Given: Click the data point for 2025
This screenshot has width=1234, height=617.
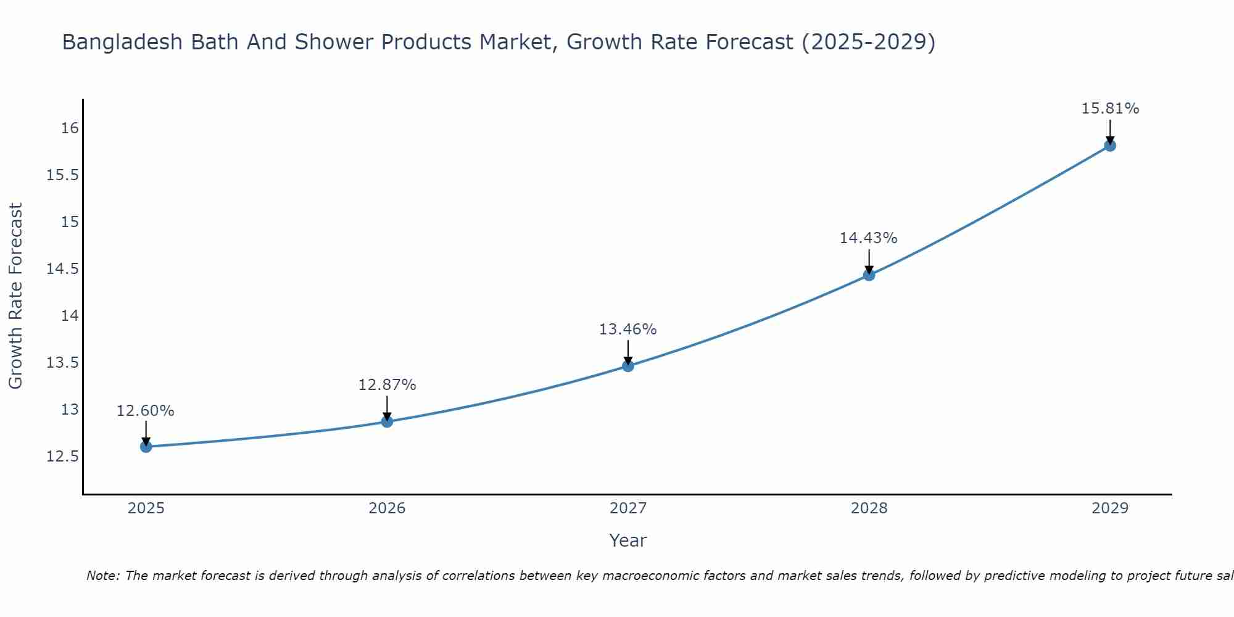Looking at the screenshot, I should tap(146, 447).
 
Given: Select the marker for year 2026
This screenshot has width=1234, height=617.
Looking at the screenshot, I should tap(387, 421).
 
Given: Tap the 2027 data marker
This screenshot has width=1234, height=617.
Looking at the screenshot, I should tap(628, 366).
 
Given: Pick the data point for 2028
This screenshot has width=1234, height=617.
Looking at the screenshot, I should tap(869, 275).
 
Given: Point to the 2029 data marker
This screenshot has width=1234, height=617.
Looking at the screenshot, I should tap(1110, 146).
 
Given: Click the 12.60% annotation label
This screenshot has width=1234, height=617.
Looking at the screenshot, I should tap(146, 411).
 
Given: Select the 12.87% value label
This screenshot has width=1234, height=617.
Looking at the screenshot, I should tap(387, 385).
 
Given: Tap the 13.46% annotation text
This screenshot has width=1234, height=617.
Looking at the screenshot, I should tap(628, 329).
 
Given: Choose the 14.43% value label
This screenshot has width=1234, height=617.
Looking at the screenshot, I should tap(868, 238).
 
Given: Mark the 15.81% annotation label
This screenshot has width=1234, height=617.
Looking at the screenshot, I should tap(1110, 109).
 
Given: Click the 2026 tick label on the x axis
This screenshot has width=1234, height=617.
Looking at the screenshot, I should tap(387, 508).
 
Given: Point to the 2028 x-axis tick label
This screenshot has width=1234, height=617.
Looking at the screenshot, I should tap(869, 508).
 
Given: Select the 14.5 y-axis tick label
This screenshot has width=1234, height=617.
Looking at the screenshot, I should tap(63, 269).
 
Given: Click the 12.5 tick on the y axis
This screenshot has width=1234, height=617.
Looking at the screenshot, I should tap(63, 457).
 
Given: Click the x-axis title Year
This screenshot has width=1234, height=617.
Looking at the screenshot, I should tap(628, 540).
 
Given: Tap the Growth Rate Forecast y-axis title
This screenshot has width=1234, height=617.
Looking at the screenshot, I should tap(15, 296).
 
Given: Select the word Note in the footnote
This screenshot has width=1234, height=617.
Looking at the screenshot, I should tap(102, 576).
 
